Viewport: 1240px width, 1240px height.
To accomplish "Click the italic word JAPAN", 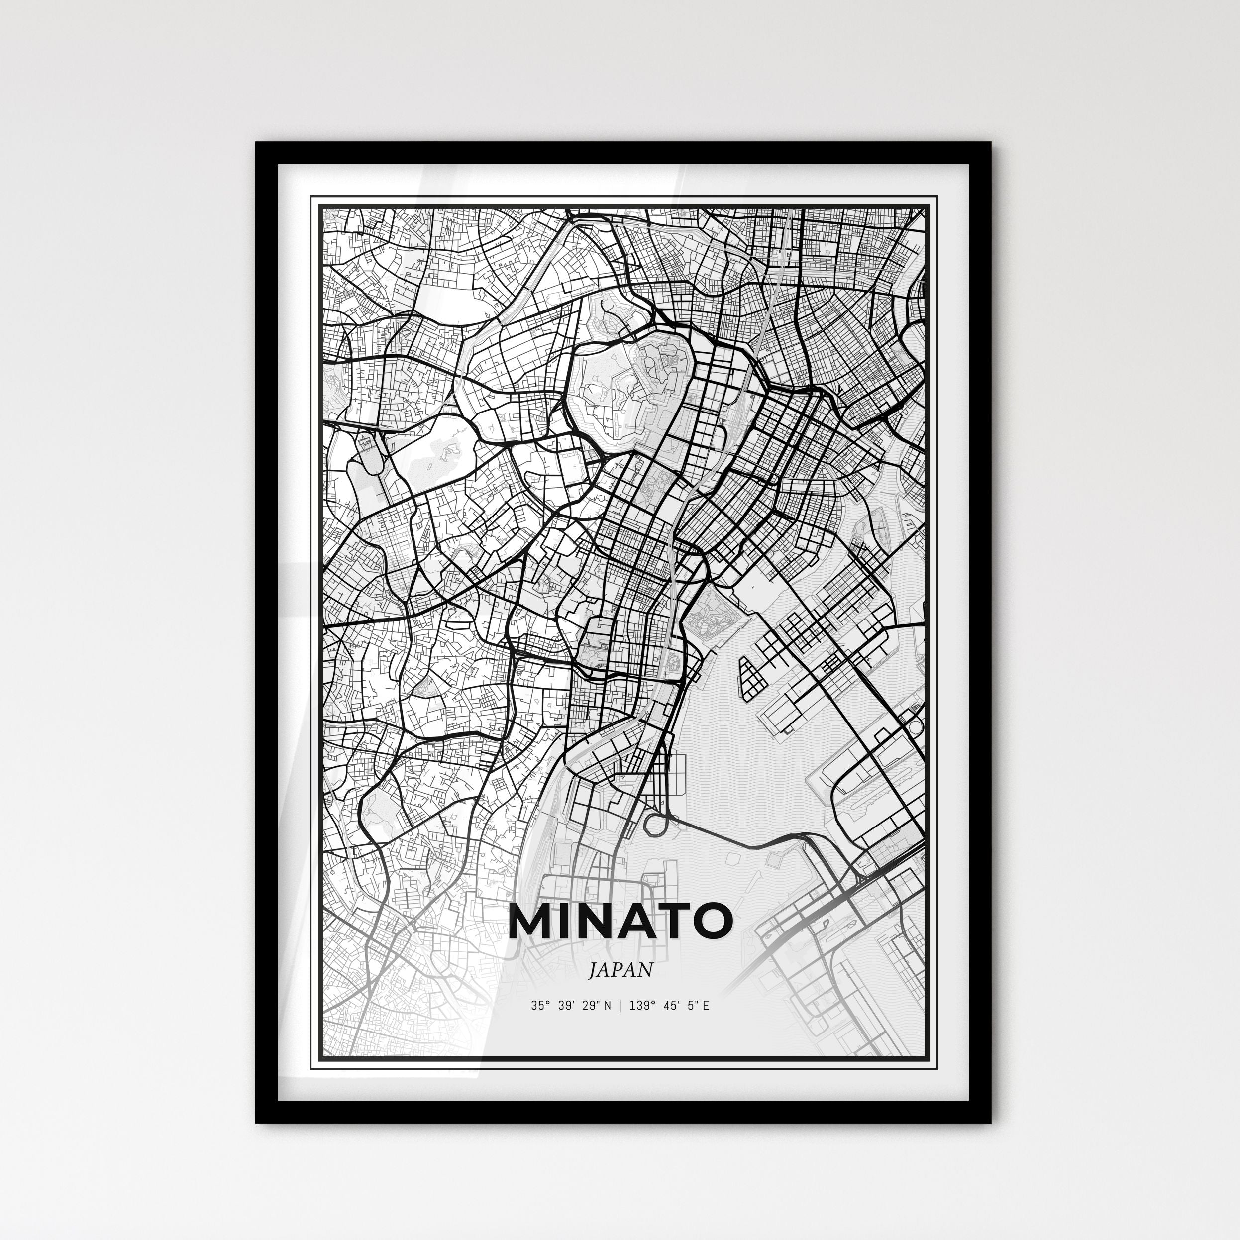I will [x=620, y=970].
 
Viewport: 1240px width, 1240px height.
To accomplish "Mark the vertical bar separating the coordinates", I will [x=620, y=1006].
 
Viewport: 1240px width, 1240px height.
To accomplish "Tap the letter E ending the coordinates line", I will [x=706, y=1006].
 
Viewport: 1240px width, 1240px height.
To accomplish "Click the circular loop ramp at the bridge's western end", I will [x=656, y=824].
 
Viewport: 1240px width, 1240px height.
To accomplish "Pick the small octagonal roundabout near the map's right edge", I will [x=914, y=726].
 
